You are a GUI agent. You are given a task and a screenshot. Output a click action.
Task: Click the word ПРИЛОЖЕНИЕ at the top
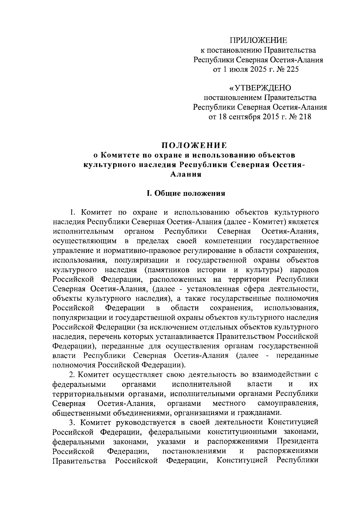258,40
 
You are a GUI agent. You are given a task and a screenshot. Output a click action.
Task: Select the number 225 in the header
292,69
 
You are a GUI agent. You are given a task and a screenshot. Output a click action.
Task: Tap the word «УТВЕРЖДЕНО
260,88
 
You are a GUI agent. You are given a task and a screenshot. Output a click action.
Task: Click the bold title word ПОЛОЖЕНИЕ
194,146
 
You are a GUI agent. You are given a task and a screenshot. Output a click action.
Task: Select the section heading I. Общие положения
186,194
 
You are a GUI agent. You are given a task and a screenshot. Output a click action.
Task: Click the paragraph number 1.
72,212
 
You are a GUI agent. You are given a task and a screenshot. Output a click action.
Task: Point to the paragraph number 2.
72,374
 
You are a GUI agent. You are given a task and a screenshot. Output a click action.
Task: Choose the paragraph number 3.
72,422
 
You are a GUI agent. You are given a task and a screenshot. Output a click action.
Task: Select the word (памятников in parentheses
169,270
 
